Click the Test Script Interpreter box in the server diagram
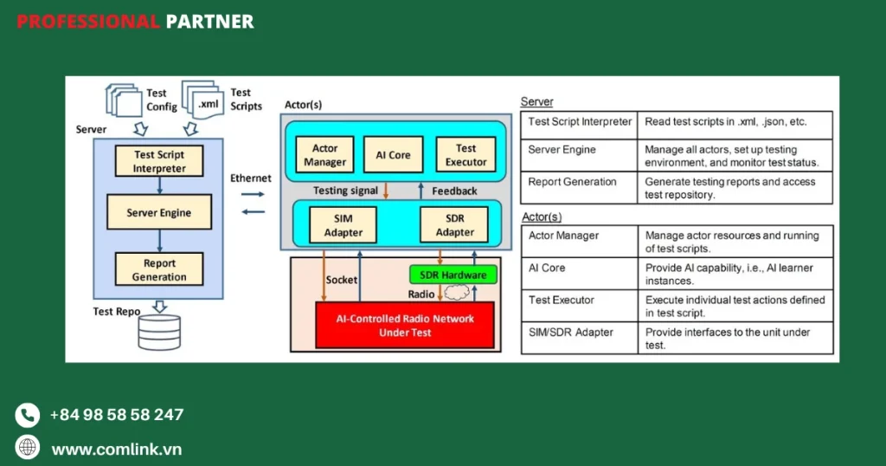coord(158,161)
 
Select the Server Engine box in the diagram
coord(158,212)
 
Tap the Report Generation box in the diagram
coord(158,269)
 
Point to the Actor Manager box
coord(325,155)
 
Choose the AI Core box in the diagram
coord(394,155)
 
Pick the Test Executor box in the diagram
coord(465,155)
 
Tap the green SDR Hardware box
coord(453,275)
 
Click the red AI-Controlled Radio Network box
coord(405,325)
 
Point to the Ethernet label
coord(251,178)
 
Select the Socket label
coord(342,280)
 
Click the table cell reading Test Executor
coord(562,300)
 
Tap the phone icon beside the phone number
coord(28,415)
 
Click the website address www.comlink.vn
coord(117,449)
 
